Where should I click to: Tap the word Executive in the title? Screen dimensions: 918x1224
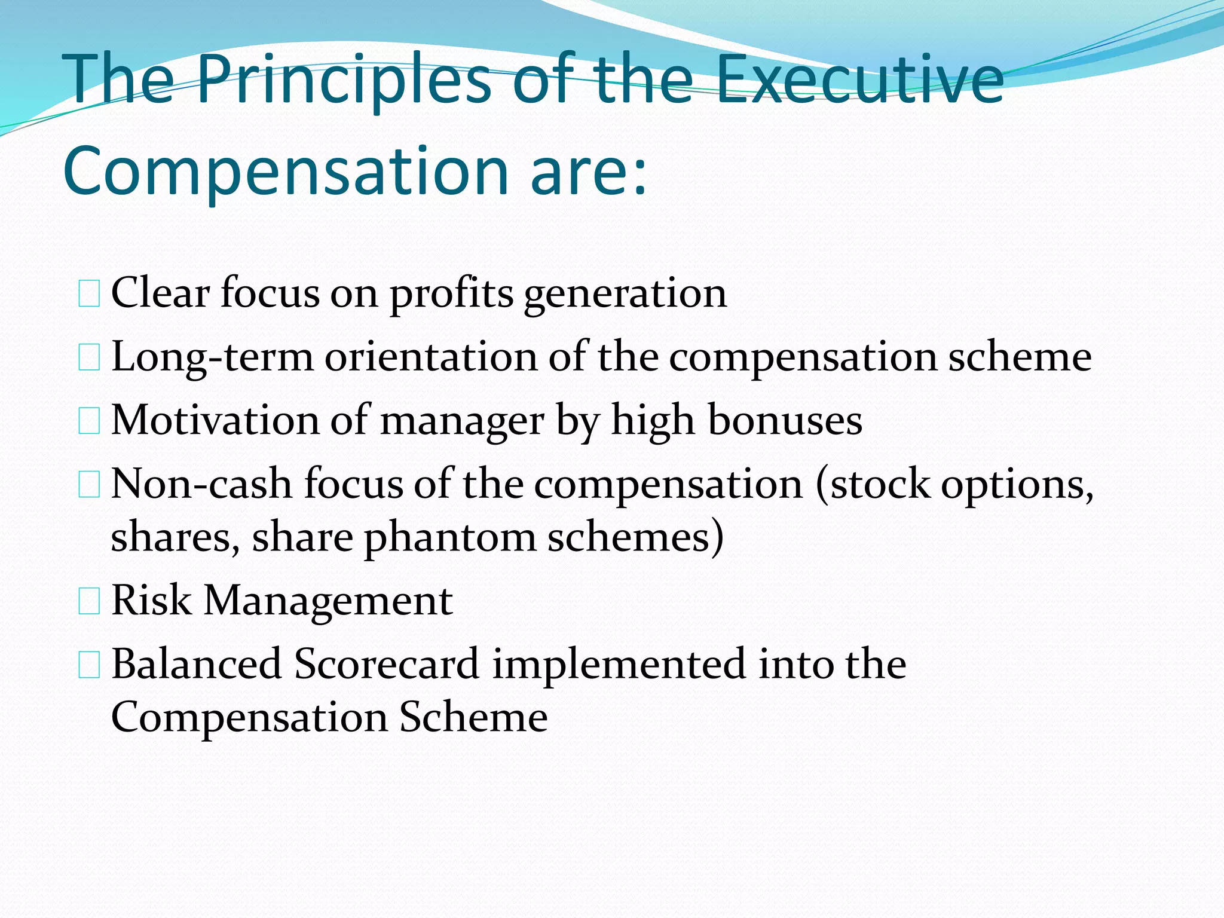pos(859,81)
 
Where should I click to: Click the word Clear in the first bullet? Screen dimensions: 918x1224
pos(160,293)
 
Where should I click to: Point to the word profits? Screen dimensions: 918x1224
pos(452,294)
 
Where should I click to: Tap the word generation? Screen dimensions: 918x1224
pos(625,294)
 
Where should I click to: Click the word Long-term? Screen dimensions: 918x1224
pos(212,357)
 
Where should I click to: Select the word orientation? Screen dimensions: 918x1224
pos(431,357)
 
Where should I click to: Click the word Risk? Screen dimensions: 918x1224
pos(151,600)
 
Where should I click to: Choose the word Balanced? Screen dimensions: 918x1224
pos(197,663)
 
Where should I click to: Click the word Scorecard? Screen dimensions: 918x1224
pos(387,663)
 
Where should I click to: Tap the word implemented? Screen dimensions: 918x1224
pos(619,665)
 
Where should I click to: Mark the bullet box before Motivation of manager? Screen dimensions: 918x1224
pos(89,421)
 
